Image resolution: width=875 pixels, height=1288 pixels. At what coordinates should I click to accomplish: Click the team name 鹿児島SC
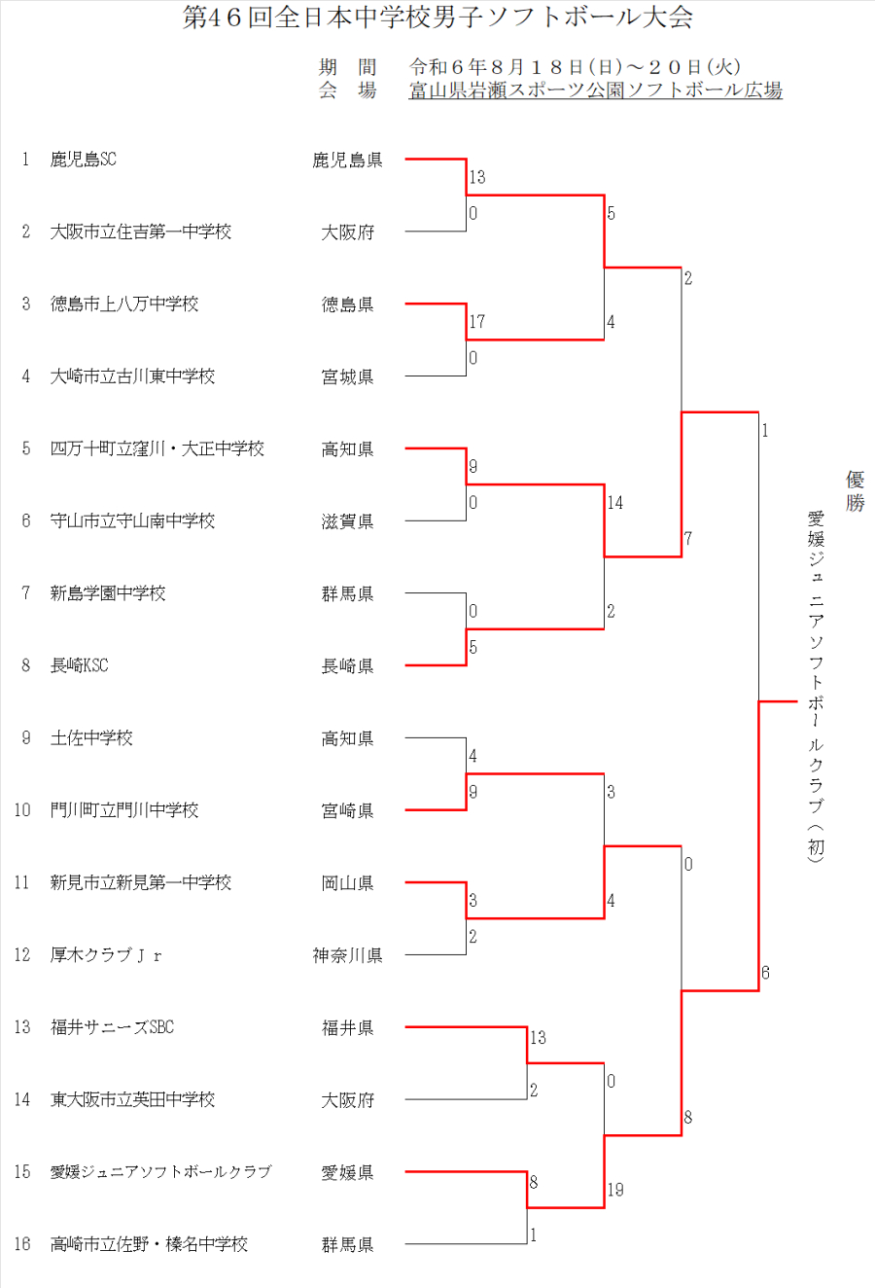tap(84, 160)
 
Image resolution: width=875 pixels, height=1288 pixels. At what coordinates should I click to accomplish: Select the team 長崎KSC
tap(80, 665)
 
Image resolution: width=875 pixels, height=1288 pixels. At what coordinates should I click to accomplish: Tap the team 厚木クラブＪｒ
tap(106, 954)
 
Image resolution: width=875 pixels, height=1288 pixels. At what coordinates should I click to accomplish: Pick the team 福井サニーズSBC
tap(112, 1027)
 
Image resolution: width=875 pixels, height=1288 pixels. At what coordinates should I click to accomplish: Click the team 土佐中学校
tap(91, 737)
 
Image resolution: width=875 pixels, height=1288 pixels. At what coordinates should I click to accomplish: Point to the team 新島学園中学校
tap(108, 592)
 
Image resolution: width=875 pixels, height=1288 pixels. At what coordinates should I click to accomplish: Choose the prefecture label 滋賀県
tap(348, 521)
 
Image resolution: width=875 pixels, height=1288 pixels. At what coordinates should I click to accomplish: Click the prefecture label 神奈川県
tap(348, 955)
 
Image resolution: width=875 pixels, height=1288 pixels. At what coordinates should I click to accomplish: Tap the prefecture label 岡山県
tap(348, 882)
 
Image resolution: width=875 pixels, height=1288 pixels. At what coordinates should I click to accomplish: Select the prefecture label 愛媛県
tap(348, 1172)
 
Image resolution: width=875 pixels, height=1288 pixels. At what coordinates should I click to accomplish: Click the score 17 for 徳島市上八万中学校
tap(477, 321)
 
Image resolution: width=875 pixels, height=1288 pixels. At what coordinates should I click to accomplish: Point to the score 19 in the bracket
tap(615, 1189)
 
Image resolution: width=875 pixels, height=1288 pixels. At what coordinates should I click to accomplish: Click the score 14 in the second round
tap(615, 503)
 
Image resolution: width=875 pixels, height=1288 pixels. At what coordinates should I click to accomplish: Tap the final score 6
tap(766, 973)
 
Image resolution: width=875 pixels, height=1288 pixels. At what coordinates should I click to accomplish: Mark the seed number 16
tap(22, 1243)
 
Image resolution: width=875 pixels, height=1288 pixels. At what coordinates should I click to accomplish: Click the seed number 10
tap(22, 809)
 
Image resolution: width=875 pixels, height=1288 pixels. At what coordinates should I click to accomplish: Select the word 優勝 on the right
tap(855, 491)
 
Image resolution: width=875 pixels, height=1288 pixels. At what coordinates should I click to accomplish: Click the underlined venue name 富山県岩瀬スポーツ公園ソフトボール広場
tap(596, 90)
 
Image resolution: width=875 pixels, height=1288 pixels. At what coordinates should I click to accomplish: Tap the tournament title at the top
tap(437, 18)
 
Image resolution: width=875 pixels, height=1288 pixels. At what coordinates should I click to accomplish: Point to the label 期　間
tap(348, 67)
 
